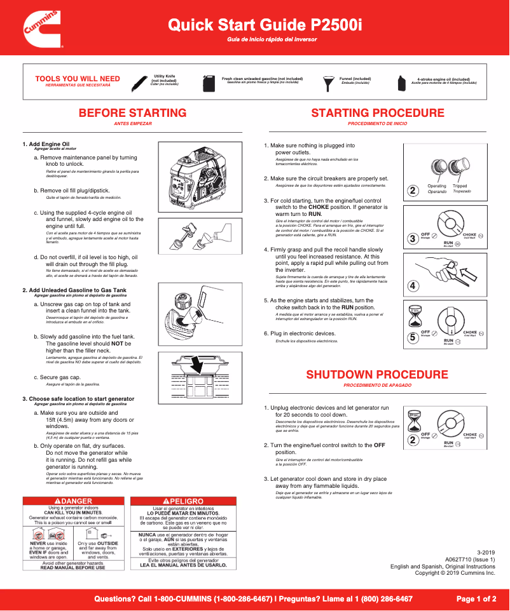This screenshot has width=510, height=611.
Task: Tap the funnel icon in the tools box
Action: click(329, 83)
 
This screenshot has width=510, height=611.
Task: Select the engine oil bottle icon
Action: click(402, 83)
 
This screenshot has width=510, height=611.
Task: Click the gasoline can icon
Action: click(210, 83)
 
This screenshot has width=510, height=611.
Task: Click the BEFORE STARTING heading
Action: click(132, 113)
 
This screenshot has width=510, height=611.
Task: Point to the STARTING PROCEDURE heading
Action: click(377, 113)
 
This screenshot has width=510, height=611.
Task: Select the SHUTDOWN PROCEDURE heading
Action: click(377, 375)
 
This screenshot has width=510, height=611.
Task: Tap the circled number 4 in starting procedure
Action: click(413, 286)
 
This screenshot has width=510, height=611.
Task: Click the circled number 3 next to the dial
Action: click(413, 239)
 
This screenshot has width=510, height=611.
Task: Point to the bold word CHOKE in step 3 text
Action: click(319, 207)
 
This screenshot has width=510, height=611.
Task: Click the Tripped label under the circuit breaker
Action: click(459, 186)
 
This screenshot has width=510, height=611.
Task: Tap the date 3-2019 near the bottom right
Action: click(485, 553)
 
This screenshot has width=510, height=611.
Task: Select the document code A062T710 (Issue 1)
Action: click(469, 560)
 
